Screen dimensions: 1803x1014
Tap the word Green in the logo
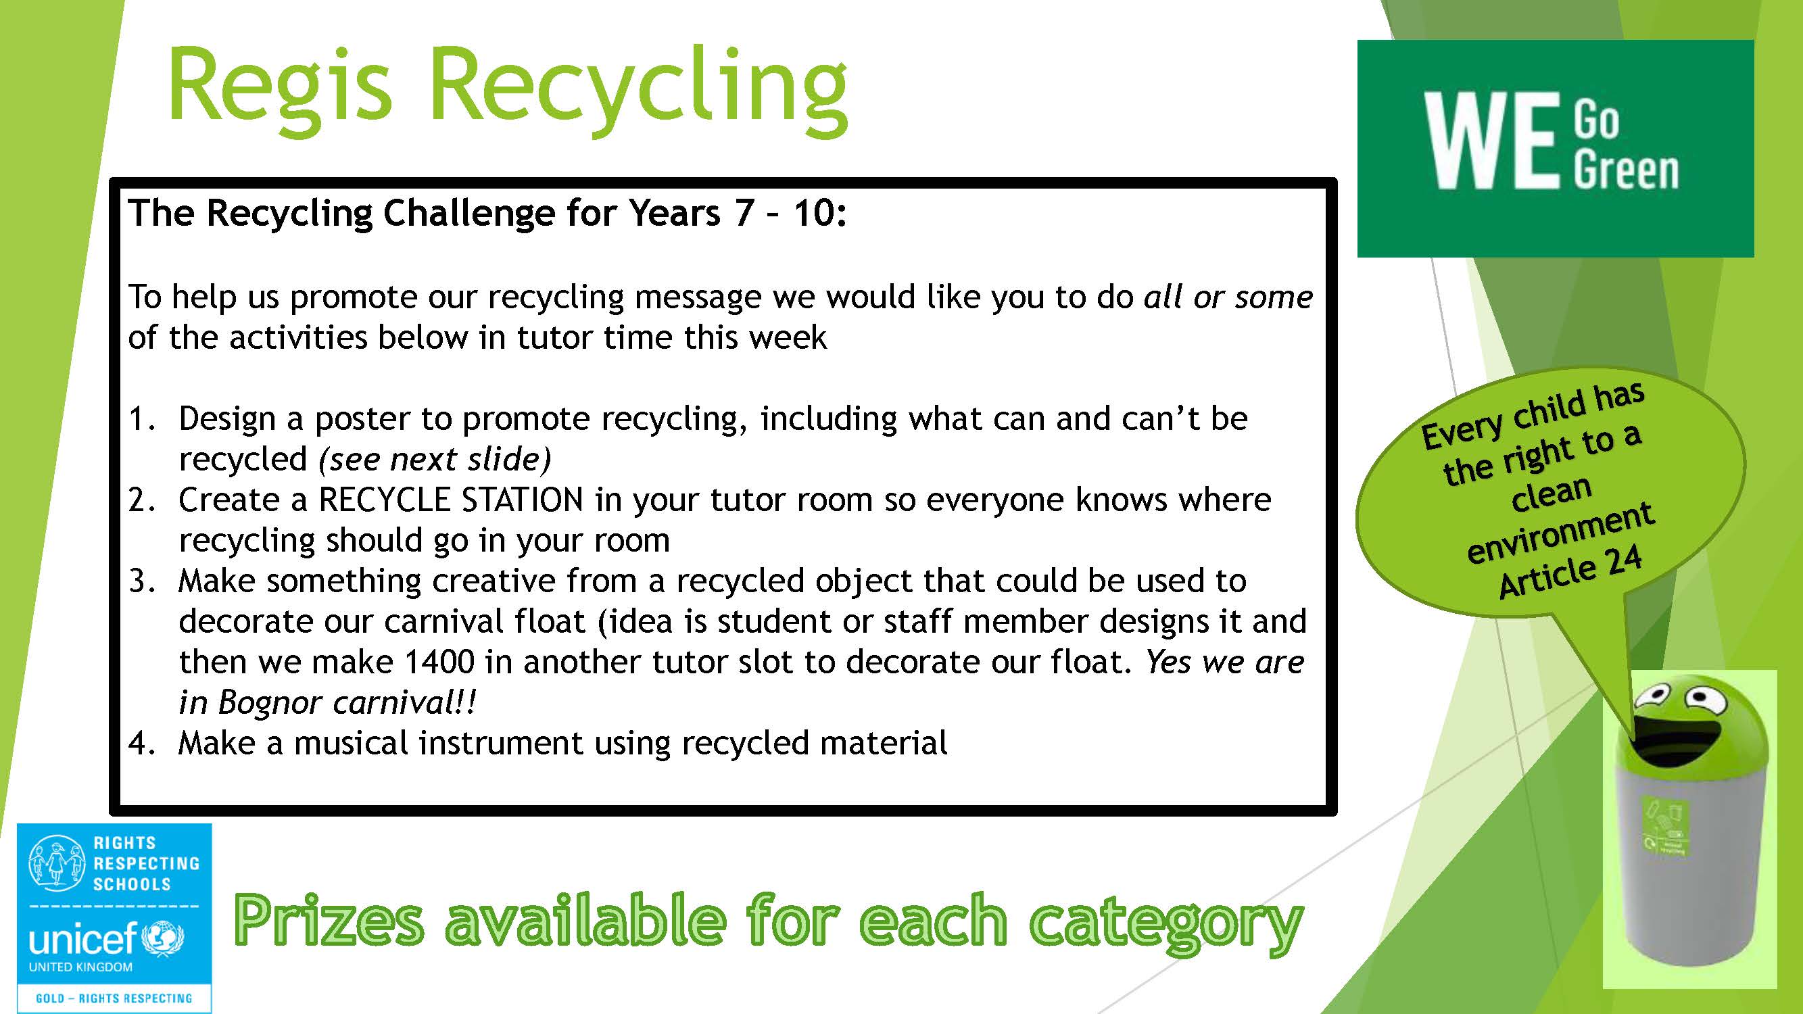coord(1627,171)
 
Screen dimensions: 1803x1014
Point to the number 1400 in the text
coord(439,661)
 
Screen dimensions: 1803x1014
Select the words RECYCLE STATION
coord(451,500)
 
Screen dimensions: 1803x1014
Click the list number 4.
coord(142,743)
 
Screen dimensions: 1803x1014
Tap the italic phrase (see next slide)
coord(435,460)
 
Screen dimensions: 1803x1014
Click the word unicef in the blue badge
coord(82,938)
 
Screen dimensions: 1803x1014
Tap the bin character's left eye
coord(1651,697)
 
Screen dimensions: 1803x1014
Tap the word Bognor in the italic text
coord(269,702)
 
